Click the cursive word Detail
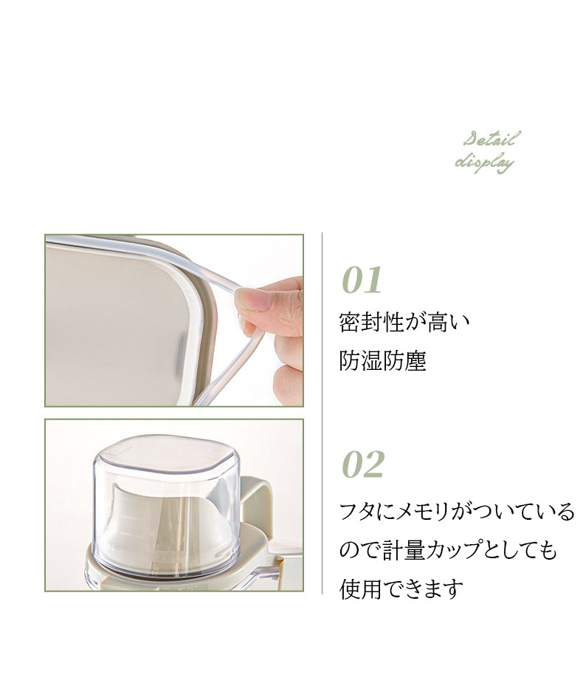(491, 140)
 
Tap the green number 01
(362, 280)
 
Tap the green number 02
(362, 464)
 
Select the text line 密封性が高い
(404, 322)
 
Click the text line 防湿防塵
(382, 360)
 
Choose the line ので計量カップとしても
(448, 550)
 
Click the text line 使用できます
(401, 589)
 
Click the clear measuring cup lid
(167, 497)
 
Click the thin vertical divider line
(322, 413)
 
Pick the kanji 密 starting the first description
(350, 322)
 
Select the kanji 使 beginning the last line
(350, 589)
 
